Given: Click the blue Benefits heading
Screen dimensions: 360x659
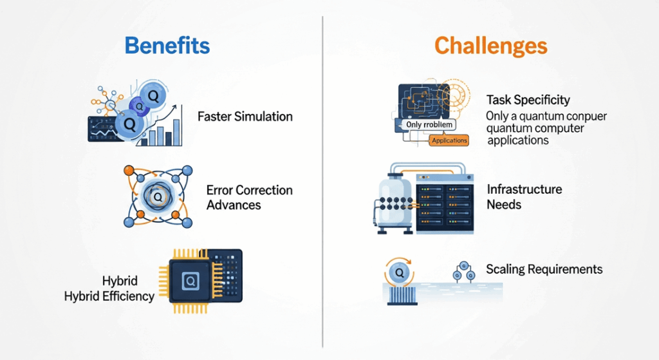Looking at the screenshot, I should tap(167, 46).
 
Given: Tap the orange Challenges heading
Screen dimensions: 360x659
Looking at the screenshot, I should tap(490, 46).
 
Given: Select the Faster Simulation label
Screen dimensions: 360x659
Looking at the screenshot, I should tap(245, 117).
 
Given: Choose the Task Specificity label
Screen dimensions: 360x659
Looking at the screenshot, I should tap(528, 100).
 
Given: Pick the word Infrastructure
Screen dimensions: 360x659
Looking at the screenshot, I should tap(524, 189).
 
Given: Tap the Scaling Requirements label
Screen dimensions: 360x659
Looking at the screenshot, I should tap(544, 269).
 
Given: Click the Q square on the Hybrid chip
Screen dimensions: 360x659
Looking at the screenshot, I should tap(191, 281).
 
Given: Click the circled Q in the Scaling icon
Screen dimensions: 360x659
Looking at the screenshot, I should tap(400, 273).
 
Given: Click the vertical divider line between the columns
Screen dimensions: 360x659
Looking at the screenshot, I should tap(322, 180).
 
